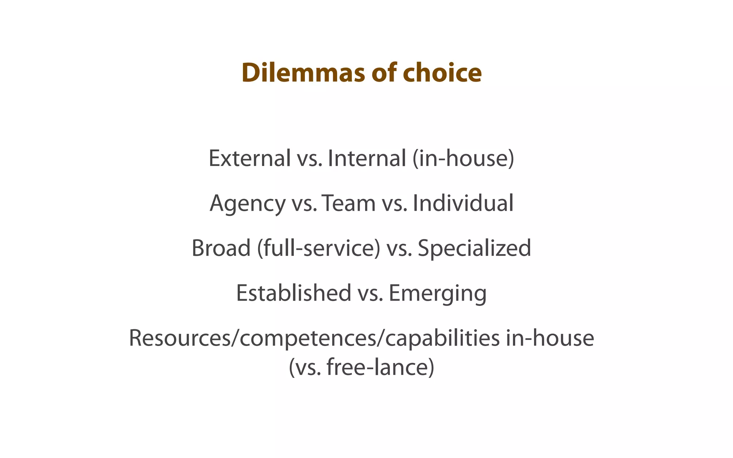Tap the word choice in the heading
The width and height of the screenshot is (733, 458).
click(x=442, y=73)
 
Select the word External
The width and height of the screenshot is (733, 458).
click(x=249, y=158)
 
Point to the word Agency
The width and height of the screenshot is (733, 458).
click(x=247, y=203)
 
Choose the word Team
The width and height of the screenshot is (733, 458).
click(x=349, y=203)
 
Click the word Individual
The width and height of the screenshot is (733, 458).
click(x=463, y=203)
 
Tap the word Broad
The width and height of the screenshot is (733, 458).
click(x=221, y=248)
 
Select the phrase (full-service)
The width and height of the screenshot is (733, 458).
click(x=319, y=248)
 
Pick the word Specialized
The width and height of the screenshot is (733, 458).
click(x=474, y=248)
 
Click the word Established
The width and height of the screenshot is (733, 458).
click(x=293, y=293)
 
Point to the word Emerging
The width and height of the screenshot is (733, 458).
click(x=437, y=293)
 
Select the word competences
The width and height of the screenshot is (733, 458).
click(x=308, y=338)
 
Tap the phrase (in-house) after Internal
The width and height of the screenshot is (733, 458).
click(x=463, y=158)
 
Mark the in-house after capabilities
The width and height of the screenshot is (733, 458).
click(x=550, y=338)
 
